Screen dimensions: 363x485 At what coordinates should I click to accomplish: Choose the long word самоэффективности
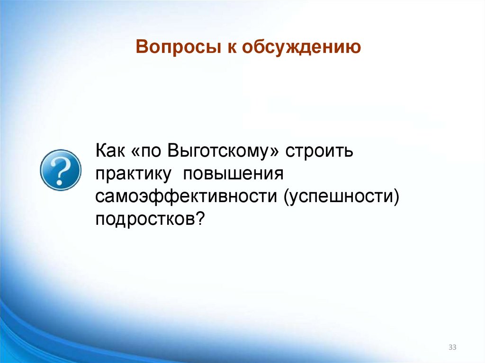point(186,195)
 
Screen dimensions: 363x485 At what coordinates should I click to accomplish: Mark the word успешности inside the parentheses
point(339,195)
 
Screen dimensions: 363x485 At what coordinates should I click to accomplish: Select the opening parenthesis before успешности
point(287,196)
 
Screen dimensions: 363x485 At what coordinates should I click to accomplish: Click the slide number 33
point(452,348)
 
